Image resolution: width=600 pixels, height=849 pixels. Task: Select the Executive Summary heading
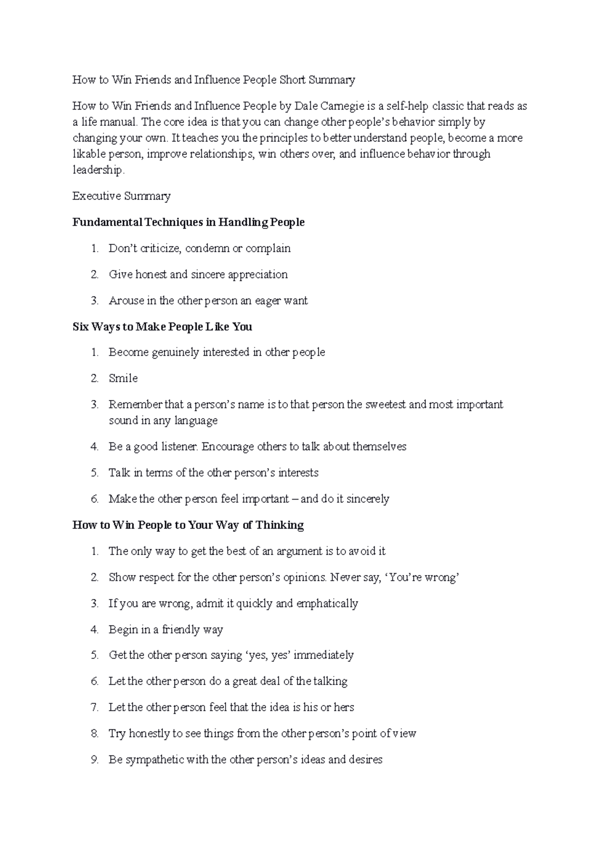[x=121, y=196]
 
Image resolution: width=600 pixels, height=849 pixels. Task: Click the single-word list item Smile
[x=123, y=378]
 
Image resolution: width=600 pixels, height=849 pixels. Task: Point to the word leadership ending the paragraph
[x=97, y=170]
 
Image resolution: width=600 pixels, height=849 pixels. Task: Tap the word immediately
[x=323, y=655]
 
